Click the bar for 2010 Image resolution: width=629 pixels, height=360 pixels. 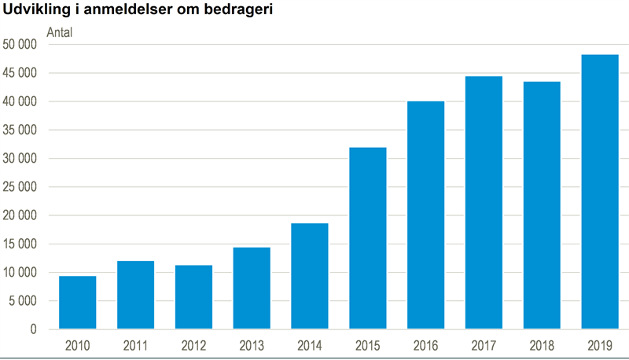pos(78,303)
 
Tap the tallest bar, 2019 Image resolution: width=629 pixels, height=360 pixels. pos(600,192)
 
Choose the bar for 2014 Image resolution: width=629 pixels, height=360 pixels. pos(310,276)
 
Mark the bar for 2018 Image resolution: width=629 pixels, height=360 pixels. pos(542,205)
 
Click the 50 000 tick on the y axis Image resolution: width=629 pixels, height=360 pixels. pos(20,45)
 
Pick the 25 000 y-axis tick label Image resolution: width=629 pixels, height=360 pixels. pos(20,187)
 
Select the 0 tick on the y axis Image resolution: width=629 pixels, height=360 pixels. pos(33,329)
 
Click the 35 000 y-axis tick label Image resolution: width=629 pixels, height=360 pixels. pos(20,130)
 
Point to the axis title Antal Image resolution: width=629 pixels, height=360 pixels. pos(60,33)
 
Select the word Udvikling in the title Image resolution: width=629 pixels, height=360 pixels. pos(36,12)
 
